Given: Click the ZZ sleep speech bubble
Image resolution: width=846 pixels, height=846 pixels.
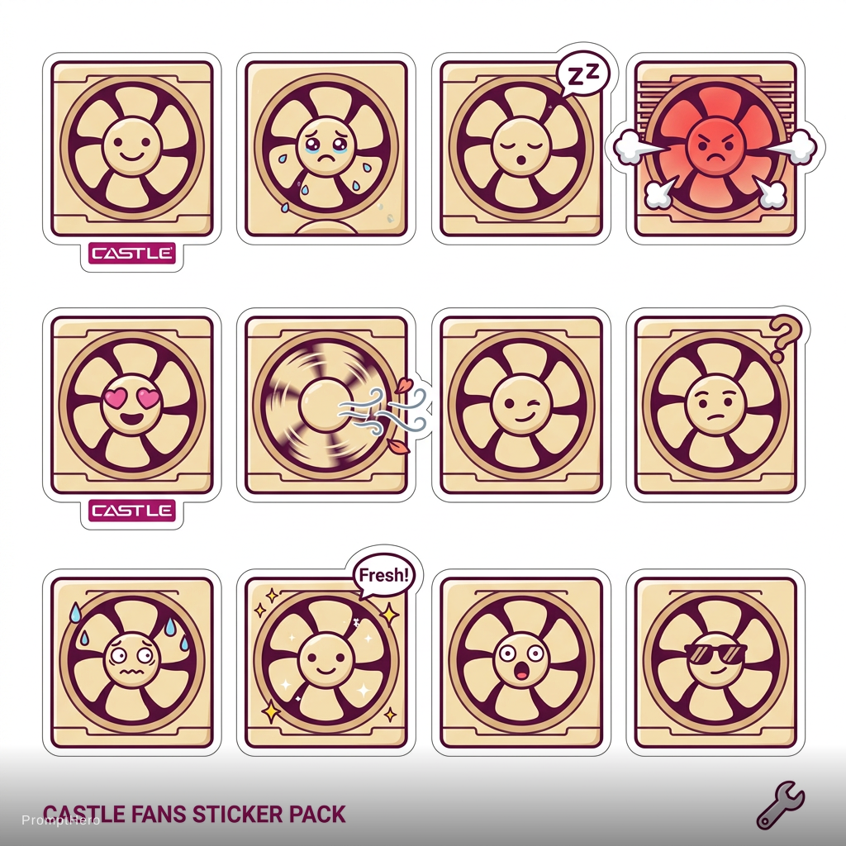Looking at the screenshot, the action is [582, 75].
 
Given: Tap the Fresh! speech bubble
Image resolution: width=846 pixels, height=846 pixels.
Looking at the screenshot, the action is [384, 575].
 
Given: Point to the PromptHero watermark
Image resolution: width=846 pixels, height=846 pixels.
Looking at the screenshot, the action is [60, 820].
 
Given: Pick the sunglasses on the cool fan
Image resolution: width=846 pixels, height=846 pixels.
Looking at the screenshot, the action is [715, 654].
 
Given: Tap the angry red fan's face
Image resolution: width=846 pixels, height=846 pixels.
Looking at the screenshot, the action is [716, 145].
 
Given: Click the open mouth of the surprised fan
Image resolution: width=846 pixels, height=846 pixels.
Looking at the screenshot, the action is [521, 673].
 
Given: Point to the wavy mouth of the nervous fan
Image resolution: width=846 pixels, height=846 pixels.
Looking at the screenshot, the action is [132, 673].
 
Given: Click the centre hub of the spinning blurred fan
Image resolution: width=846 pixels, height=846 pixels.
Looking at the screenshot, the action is [326, 405].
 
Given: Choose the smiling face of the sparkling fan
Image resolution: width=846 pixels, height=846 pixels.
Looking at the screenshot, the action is [326, 662].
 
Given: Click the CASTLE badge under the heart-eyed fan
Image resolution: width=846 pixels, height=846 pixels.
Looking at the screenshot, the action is [132, 511].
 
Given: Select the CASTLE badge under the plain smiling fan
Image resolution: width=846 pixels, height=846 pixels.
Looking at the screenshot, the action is [132, 253].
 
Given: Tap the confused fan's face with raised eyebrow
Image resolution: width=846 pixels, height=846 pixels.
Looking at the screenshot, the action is [716, 405].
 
